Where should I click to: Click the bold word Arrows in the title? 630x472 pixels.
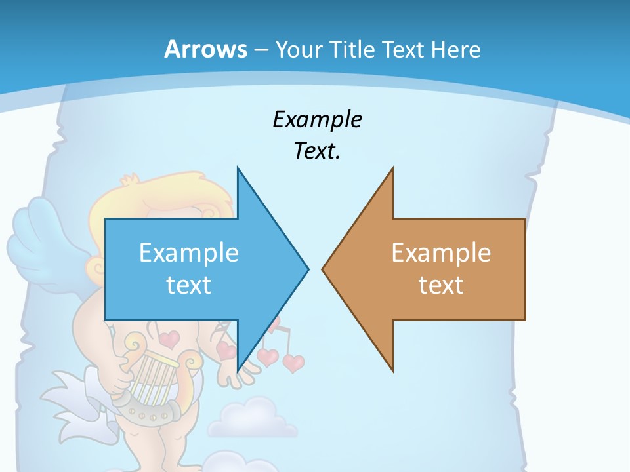click(x=205, y=49)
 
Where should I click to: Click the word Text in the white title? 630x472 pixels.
click(x=404, y=50)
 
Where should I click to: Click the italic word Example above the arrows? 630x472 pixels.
click(x=317, y=120)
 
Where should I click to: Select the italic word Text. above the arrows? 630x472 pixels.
click(x=317, y=151)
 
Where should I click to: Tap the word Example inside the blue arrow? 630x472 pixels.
click(x=189, y=253)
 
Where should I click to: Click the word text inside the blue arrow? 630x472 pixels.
click(x=189, y=285)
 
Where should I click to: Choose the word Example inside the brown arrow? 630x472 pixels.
click(x=441, y=253)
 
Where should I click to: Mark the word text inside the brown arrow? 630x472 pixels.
click(x=441, y=285)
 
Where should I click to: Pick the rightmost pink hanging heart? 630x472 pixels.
click(x=293, y=362)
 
